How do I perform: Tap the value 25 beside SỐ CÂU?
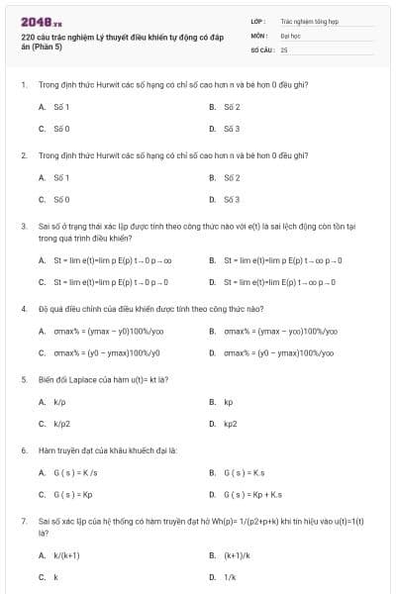[x=284, y=49]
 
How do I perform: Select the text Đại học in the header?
[x=290, y=34]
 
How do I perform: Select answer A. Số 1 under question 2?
[x=54, y=177]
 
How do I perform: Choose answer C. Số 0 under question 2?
[x=54, y=200]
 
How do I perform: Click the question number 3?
[x=23, y=226]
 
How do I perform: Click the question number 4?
[x=23, y=308]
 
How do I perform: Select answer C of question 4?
[x=99, y=353]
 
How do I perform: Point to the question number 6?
[x=23, y=450]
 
